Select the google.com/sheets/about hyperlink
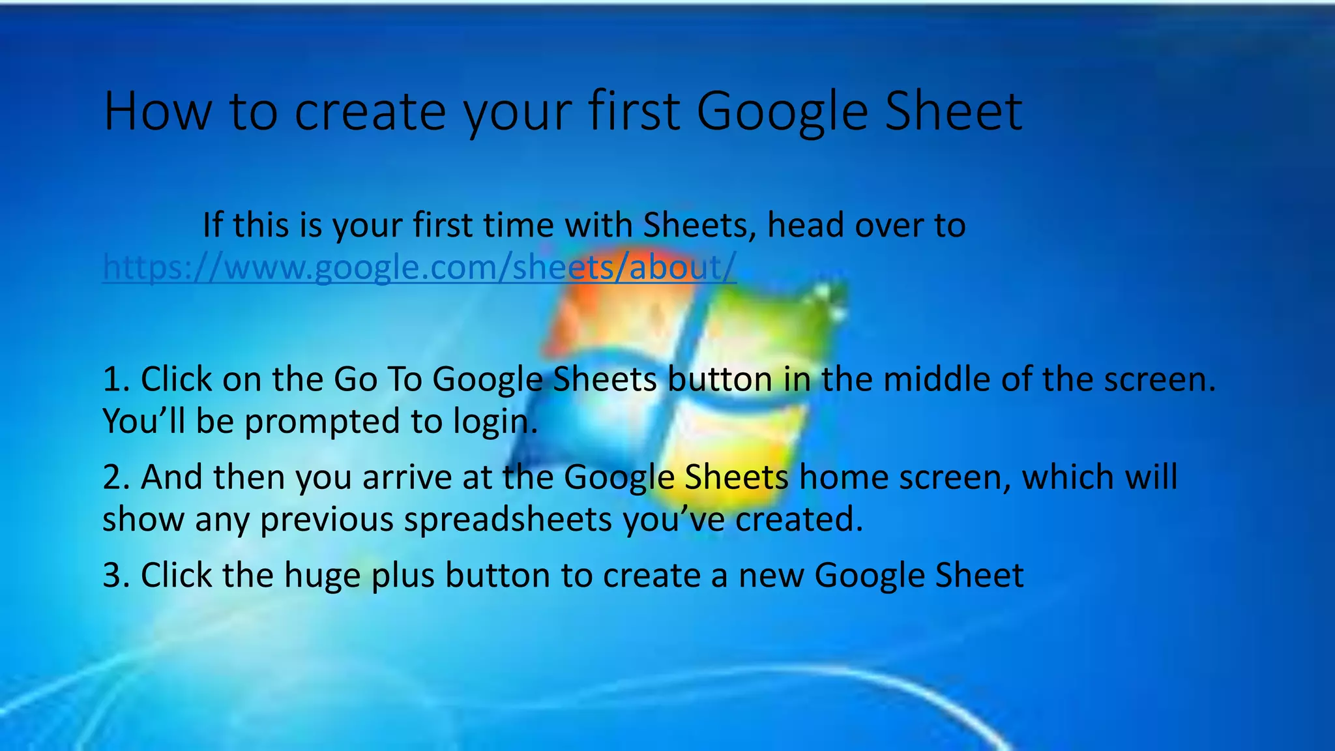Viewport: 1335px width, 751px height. (419, 267)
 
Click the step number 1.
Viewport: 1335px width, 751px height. (115, 379)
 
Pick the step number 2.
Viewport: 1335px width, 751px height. (115, 478)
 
